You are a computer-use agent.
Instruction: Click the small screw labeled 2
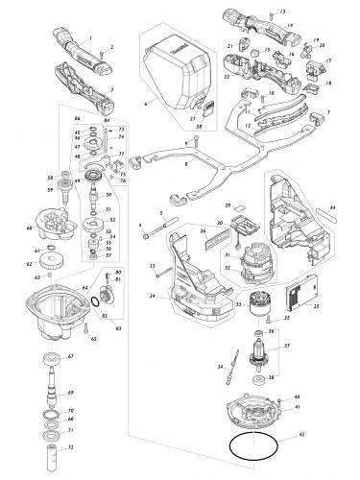coord(101,48)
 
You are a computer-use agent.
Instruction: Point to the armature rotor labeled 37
coord(260,359)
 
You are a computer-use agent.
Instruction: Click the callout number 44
coord(333,208)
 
